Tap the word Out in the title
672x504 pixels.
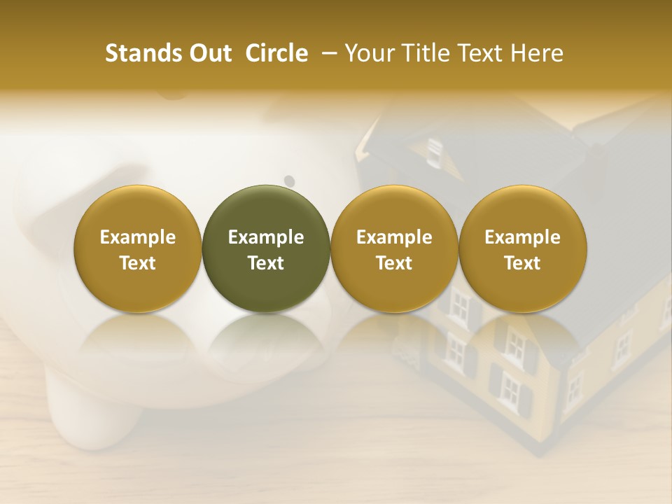(209, 53)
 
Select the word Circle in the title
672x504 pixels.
(276, 53)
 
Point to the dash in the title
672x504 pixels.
(325, 53)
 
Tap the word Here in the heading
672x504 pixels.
(537, 53)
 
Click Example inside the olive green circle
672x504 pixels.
(266, 237)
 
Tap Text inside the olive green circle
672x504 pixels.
(266, 263)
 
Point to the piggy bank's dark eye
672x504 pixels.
(289, 181)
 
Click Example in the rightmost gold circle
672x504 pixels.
(522, 237)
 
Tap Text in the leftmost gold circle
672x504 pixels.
(138, 263)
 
